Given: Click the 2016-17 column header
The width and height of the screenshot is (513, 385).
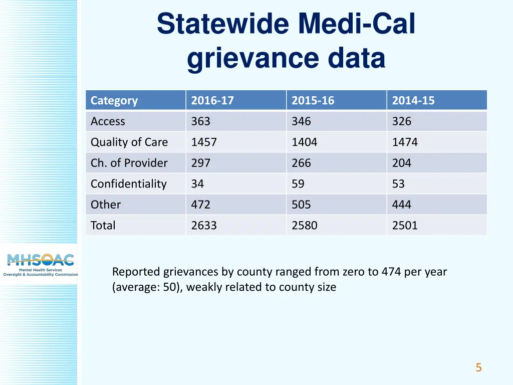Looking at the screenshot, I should (212, 100).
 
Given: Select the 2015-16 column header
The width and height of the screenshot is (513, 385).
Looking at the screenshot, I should (313, 100).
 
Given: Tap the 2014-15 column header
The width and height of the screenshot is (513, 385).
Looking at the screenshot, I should (413, 100).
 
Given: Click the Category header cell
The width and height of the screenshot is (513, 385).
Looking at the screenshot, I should (114, 100).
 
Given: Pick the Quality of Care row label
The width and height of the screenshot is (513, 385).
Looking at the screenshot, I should (129, 142).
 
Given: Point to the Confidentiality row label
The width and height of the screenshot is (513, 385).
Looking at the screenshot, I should (128, 184).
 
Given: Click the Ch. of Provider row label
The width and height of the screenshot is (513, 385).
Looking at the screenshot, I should (129, 163).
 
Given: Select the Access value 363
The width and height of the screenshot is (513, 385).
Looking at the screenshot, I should (200, 121).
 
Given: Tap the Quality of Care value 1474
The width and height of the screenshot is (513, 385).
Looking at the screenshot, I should (405, 142).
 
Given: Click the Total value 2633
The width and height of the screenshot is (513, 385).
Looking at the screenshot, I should (204, 226).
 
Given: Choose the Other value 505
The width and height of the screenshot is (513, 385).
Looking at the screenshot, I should (301, 205).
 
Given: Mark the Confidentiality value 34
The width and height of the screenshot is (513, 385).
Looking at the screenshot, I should (197, 184).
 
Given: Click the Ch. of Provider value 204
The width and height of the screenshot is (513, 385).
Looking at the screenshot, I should (401, 163).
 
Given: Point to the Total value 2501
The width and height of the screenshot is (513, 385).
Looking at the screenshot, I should (405, 226).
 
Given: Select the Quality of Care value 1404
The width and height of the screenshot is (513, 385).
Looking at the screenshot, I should (304, 142).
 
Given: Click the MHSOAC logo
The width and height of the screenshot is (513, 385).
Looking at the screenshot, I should (40, 264).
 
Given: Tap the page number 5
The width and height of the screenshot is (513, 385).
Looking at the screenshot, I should (478, 368).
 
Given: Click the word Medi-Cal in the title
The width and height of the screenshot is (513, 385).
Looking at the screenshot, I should (356, 24).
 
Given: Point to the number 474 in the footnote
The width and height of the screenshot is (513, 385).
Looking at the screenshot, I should (391, 272).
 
